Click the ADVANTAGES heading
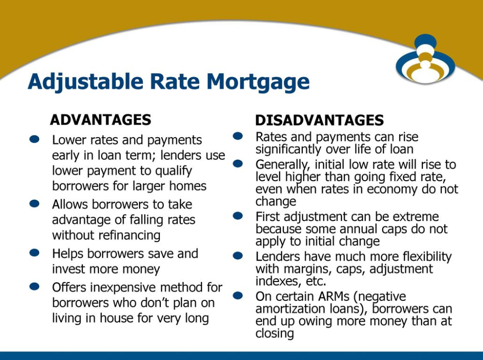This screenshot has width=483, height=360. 100,120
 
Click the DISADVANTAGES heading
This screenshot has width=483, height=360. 319,120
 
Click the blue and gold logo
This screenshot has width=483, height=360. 425,59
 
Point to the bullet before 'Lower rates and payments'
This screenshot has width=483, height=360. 34,139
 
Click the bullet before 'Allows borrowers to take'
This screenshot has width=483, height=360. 34,203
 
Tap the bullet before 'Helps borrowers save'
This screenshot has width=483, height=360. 34,253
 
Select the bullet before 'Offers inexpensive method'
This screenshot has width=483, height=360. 34,286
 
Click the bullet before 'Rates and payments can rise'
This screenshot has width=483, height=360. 238,136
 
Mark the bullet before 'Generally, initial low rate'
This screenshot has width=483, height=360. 238,163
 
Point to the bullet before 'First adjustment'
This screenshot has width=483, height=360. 238,216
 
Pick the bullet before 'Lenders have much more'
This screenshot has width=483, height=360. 238,256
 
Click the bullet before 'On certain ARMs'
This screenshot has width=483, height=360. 238,296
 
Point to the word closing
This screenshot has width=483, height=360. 275,334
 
